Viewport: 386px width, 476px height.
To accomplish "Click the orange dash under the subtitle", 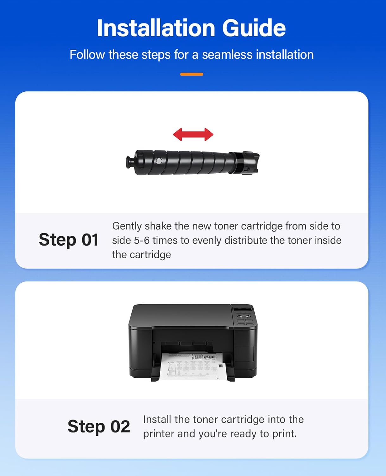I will click(x=192, y=74).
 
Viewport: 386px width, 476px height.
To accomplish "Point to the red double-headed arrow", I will click(x=193, y=135).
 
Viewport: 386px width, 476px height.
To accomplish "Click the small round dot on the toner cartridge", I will click(x=159, y=161).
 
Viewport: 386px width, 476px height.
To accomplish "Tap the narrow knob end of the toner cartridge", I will click(x=130, y=162).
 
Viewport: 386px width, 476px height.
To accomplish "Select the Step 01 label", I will click(x=68, y=240).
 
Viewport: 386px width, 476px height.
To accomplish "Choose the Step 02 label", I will click(x=99, y=426).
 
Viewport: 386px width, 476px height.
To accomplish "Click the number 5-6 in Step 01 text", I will click(x=142, y=240).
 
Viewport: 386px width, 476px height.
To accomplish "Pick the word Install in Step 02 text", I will click(x=157, y=420).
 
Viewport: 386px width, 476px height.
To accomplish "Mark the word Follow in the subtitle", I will click(x=87, y=55).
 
